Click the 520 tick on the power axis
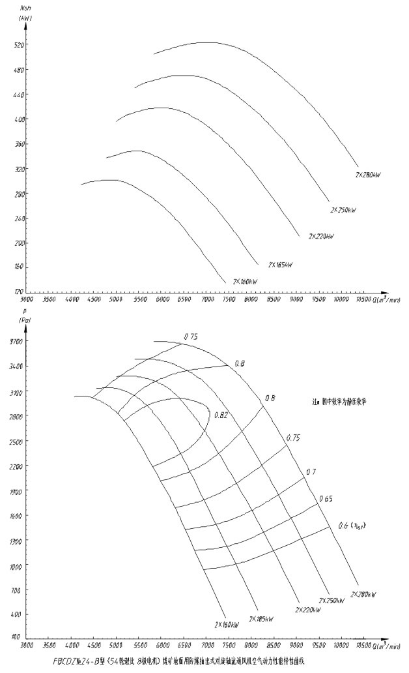(x=20, y=45)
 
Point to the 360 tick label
(x=20, y=144)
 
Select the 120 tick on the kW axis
(x=20, y=292)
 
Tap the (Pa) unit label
(x=27, y=320)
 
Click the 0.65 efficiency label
(x=326, y=499)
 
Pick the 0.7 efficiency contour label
(x=311, y=471)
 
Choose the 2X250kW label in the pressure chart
(x=332, y=600)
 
